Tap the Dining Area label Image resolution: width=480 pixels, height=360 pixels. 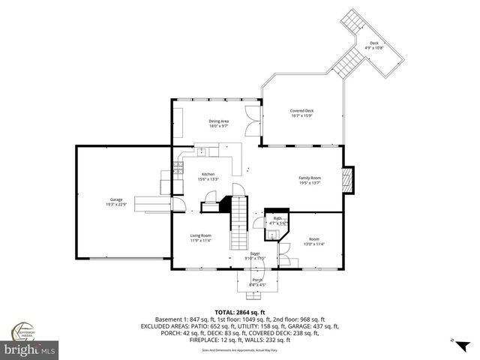pos(218,121)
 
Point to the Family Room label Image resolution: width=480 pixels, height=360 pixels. pos(309,178)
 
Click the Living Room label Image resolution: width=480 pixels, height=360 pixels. pos(199,235)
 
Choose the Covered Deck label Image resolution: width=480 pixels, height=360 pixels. pos(301,111)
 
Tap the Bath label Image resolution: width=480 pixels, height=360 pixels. pos(277,218)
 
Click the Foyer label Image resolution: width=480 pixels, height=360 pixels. pos(256,255)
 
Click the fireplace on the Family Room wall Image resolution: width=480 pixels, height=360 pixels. pos(346,180)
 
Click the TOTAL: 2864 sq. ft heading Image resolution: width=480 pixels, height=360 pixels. pos(239,312)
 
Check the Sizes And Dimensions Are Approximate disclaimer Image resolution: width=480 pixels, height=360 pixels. pos(239,349)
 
